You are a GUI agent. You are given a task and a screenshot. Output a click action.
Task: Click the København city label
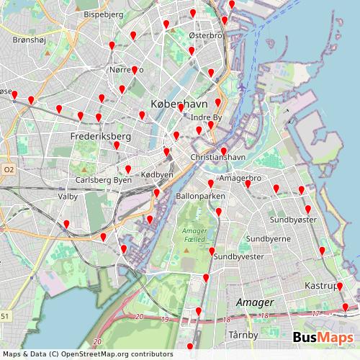pos(176,104)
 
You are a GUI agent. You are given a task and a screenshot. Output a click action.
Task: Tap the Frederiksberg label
pos(100,135)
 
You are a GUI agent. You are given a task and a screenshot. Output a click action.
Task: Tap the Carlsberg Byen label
pos(103,180)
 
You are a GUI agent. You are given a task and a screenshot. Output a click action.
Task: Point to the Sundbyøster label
pos(293,219)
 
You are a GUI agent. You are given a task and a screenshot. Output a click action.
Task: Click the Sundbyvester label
pos(238,256)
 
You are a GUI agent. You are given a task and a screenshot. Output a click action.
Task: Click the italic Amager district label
pos(255,302)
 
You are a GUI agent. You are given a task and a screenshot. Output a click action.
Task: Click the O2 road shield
pos(9,169)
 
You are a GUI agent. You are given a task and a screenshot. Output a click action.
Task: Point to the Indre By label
pos(207,117)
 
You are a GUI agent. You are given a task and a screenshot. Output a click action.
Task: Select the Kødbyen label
pos(157,175)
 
